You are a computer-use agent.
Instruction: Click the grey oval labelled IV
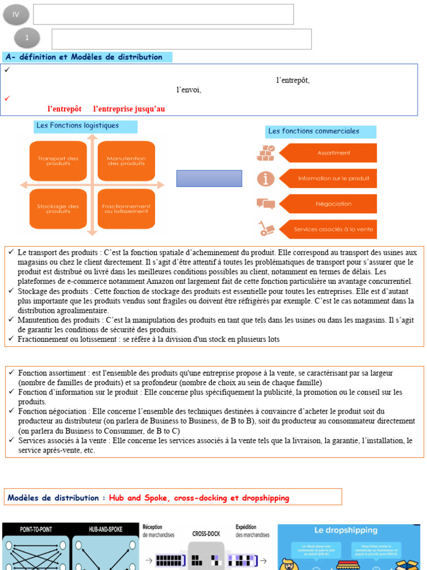[x=16, y=14]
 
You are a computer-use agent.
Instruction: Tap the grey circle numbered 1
[x=28, y=38]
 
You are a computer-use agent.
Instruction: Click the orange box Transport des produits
[x=58, y=161]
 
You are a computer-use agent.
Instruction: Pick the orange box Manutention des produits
[x=126, y=161]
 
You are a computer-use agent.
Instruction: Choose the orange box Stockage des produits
[x=58, y=209]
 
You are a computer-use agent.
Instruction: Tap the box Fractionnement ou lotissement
[x=126, y=209]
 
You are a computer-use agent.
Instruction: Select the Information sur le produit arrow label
[x=329, y=178]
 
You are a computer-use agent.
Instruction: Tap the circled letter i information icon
[x=266, y=179]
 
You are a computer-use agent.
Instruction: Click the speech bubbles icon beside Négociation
[x=266, y=204]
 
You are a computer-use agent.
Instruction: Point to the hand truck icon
[x=265, y=228]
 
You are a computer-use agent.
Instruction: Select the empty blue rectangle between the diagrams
[x=209, y=178]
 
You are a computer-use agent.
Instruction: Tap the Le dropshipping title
[x=346, y=530]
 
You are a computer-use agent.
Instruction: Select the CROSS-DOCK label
[x=206, y=533]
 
